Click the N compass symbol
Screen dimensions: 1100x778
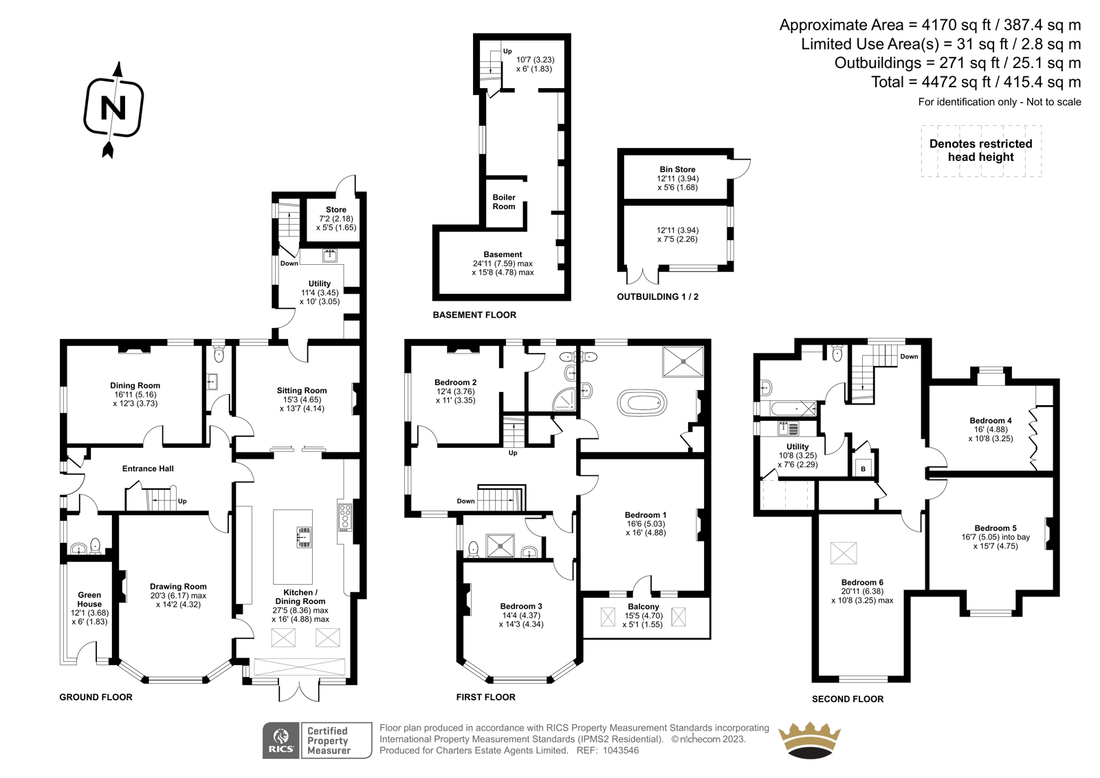tap(114, 109)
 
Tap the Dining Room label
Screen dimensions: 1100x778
tap(135, 386)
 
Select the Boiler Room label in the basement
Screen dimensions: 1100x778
tap(504, 202)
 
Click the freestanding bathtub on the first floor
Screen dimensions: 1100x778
tap(642, 404)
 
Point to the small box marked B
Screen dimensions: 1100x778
tap(863, 469)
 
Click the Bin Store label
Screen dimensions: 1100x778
tap(677, 169)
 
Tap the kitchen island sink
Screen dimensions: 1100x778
tap(303, 537)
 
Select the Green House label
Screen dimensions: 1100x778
tap(89, 600)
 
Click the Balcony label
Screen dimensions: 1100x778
tap(643, 607)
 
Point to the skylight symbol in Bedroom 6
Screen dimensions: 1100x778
tap(843, 553)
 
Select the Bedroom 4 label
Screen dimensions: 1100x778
tap(991, 421)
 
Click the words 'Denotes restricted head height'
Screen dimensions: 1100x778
tap(980, 151)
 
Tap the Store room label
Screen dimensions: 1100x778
tap(336, 210)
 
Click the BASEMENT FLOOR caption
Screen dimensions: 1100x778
tap(474, 315)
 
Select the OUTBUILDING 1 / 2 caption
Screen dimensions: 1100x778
tap(657, 297)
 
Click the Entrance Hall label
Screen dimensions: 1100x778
tap(148, 469)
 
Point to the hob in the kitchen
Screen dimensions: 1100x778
tap(344, 517)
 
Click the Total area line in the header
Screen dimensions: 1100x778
tap(976, 82)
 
